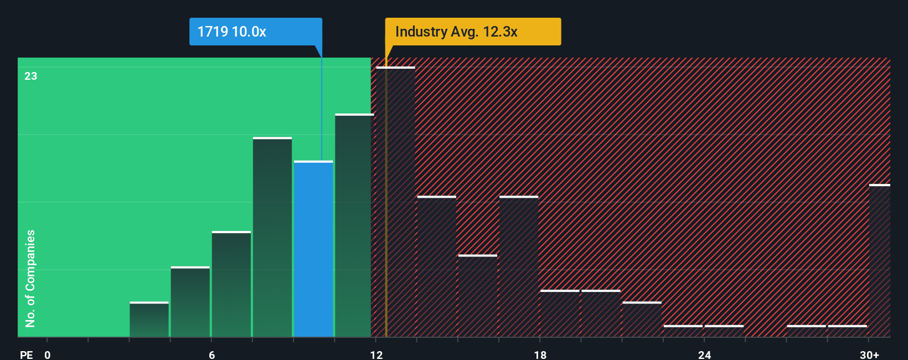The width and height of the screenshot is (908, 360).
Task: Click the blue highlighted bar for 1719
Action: click(x=313, y=249)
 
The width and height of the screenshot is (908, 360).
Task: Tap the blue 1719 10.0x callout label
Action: click(x=255, y=32)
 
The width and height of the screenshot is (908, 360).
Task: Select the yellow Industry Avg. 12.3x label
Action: click(x=473, y=32)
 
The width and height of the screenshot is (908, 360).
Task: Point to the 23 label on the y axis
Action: click(x=31, y=76)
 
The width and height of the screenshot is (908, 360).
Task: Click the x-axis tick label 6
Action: click(x=211, y=354)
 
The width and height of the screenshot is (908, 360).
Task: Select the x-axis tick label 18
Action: click(x=540, y=354)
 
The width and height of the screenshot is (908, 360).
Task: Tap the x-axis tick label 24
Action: click(x=704, y=354)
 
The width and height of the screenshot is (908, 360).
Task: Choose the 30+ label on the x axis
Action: click(x=869, y=354)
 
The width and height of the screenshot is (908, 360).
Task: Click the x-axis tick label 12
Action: click(x=376, y=354)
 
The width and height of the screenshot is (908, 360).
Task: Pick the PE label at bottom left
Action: click(x=26, y=354)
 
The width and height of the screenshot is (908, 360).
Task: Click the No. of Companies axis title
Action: click(x=30, y=278)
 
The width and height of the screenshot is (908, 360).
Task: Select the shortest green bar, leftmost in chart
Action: click(x=149, y=320)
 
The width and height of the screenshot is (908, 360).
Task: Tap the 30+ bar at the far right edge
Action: click(x=879, y=260)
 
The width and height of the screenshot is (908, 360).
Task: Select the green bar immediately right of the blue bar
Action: click(x=354, y=225)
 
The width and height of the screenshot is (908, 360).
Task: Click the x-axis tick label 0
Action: click(x=48, y=354)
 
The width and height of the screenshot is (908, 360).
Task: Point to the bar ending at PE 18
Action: click(x=519, y=266)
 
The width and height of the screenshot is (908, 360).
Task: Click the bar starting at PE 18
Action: click(x=560, y=313)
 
